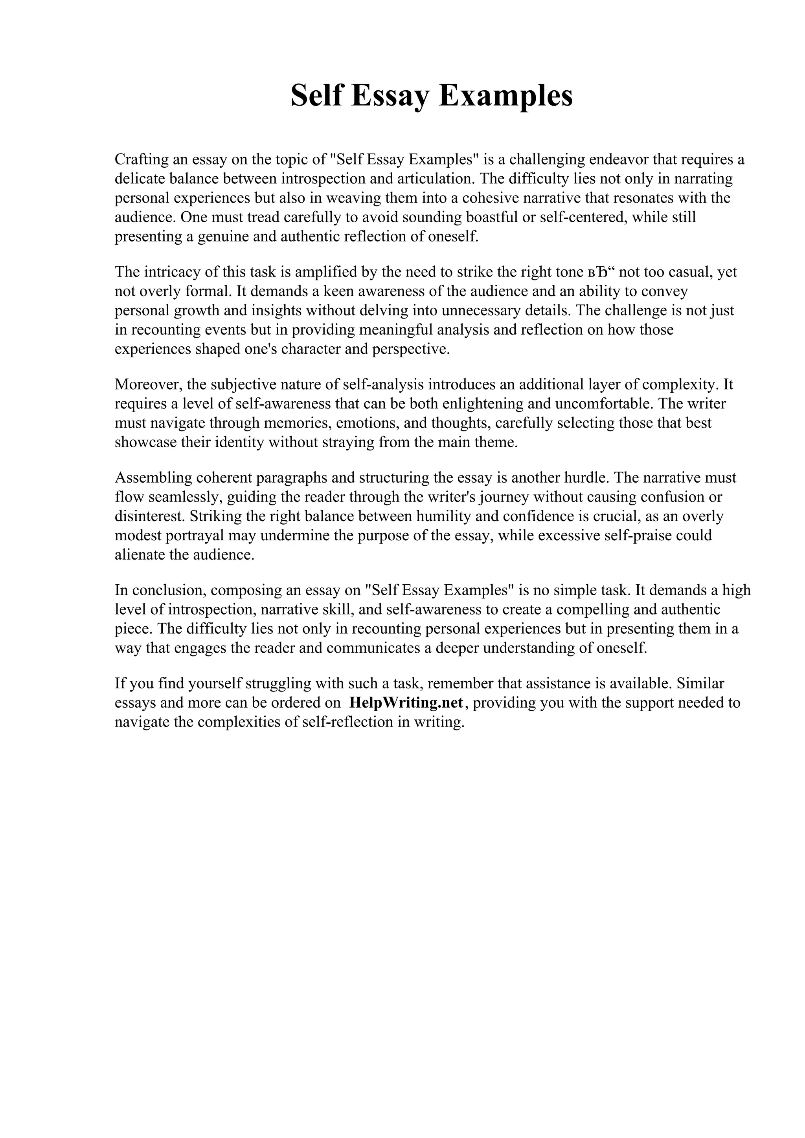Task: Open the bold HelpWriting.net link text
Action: tap(406, 703)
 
